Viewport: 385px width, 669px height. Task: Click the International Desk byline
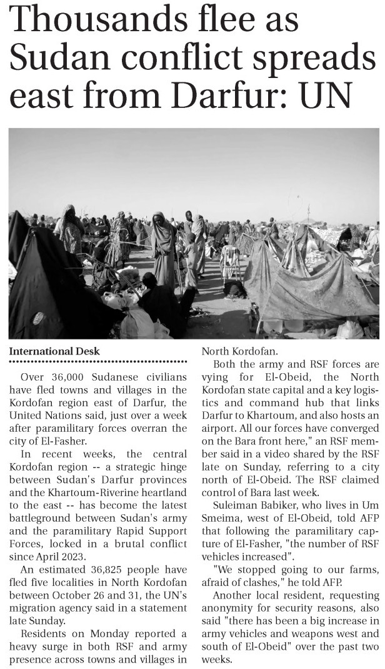click(x=54, y=351)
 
